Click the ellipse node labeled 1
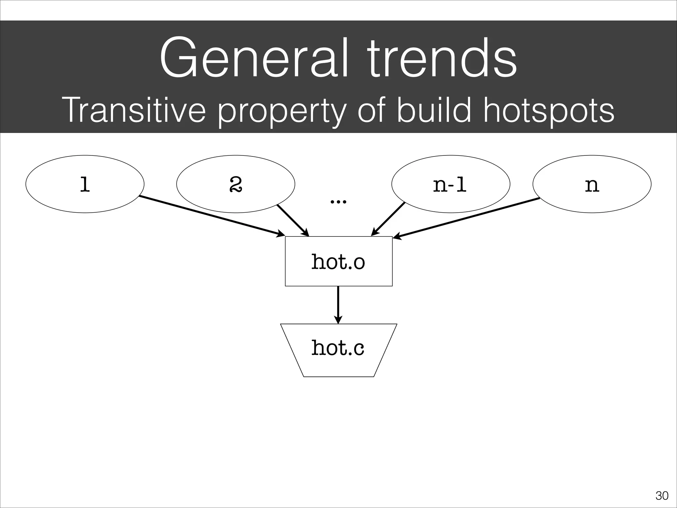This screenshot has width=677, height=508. point(85,184)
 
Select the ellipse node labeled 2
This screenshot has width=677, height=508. point(236,184)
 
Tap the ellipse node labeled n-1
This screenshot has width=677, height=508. point(451,184)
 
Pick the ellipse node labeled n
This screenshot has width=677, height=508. point(592,184)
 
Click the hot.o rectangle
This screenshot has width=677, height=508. point(338,261)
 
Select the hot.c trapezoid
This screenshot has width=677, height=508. point(338,349)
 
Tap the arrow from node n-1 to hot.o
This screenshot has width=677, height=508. point(388,219)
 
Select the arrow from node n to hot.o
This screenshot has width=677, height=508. point(466,218)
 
